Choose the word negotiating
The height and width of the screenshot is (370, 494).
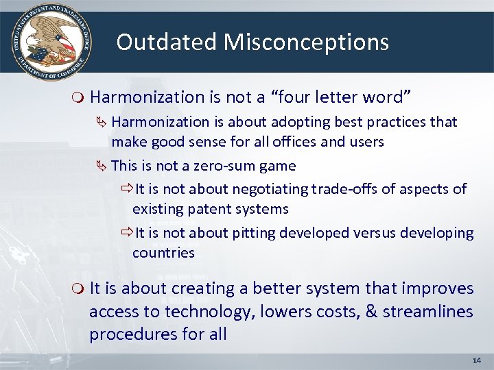pos(271,188)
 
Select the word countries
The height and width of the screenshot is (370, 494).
pos(163,252)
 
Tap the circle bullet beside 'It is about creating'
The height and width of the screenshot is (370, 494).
pos(79,289)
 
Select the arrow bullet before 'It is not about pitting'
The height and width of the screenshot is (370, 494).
pos(126,232)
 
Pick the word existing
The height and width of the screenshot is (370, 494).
pos(158,208)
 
